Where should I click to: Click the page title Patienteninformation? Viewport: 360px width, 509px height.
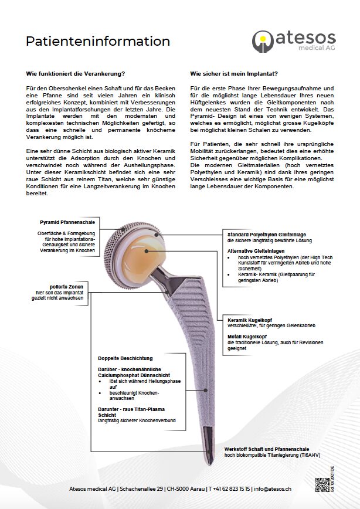click(x=98, y=42)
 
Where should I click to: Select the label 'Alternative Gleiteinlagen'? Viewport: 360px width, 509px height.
click(x=253, y=250)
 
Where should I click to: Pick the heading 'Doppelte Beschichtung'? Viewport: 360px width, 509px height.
click(x=125, y=358)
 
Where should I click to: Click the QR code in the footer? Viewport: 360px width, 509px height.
click(x=322, y=485)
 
